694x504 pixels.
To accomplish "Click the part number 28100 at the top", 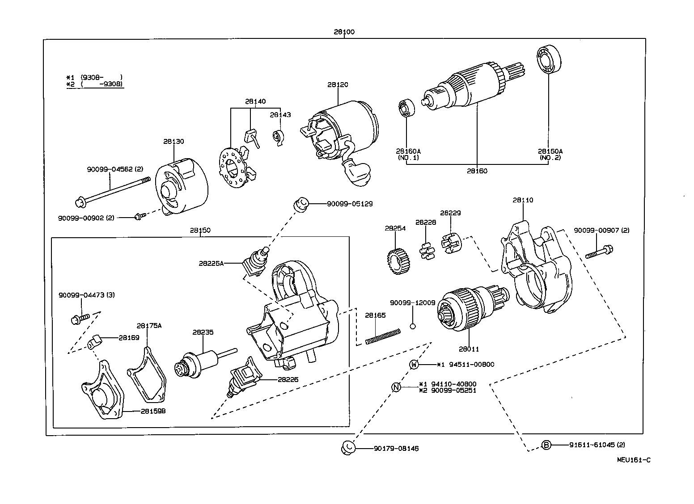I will click(344, 32).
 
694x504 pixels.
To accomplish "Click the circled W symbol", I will click(415, 365).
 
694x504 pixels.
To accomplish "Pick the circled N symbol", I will click(396, 387).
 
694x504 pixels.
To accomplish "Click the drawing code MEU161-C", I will click(634, 459).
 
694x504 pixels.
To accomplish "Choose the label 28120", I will click(337, 84).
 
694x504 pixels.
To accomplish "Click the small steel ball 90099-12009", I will click(413, 326).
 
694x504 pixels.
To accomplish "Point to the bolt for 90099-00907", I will click(599, 252).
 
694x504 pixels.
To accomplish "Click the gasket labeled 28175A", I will click(147, 375).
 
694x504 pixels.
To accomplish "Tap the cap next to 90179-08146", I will click(348, 447).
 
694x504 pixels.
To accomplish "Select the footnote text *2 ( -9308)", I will click(94, 84).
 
